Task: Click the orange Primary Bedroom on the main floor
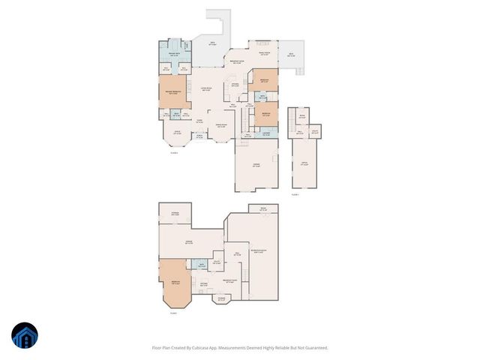click(x=172, y=93)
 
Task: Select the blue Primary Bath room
click(x=172, y=54)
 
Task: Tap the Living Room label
click(x=204, y=90)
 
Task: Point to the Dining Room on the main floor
click(x=221, y=126)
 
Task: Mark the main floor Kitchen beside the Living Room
click(x=235, y=84)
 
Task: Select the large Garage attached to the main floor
click(x=256, y=165)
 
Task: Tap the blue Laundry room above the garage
click(x=267, y=133)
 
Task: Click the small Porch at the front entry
click(x=199, y=136)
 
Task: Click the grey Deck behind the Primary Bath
click(x=213, y=43)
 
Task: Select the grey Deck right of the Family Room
click(x=291, y=55)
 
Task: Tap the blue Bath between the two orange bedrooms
click(x=263, y=97)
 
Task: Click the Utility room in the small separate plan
click(x=315, y=131)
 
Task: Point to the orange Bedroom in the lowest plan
click(x=174, y=283)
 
